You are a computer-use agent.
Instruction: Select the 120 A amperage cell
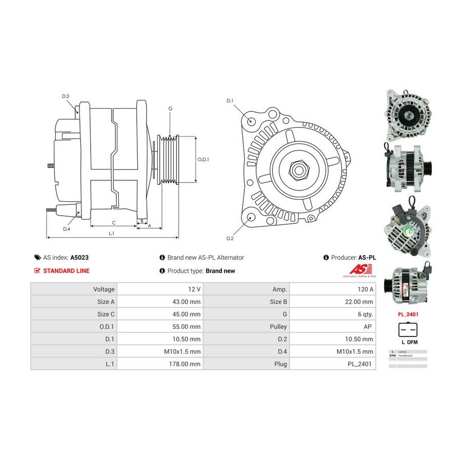point(365,289)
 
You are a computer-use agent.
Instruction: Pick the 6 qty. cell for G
point(364,314)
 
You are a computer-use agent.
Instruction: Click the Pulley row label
point(279,326)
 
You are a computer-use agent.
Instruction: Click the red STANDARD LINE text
point(66,270)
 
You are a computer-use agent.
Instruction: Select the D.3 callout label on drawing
point(66,96)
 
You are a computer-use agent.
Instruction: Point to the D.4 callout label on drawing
point(67,229)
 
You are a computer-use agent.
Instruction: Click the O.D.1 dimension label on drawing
point(203,159)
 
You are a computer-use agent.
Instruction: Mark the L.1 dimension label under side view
point(111,234)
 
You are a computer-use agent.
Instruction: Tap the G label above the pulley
point(170,109)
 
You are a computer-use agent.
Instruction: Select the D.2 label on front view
point(230,238)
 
